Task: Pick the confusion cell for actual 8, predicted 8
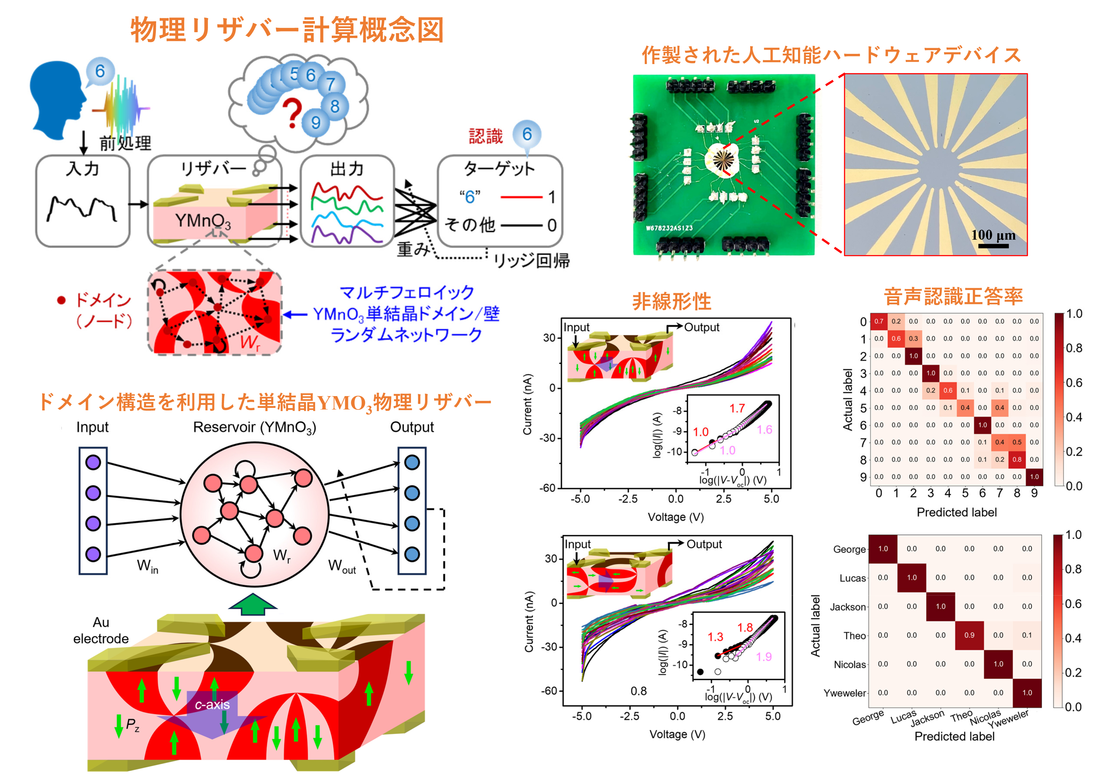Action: [1017, 459]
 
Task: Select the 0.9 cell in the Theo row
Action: [969, 635]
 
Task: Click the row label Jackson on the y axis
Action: [848, 607]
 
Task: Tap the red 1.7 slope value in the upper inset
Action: [737, 408]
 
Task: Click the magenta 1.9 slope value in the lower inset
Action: [764, 656]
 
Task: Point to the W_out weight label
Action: [342, 566]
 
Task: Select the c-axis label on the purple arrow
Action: [212, 705]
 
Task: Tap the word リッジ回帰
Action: [532, 261]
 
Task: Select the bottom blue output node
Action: [412, 554]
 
